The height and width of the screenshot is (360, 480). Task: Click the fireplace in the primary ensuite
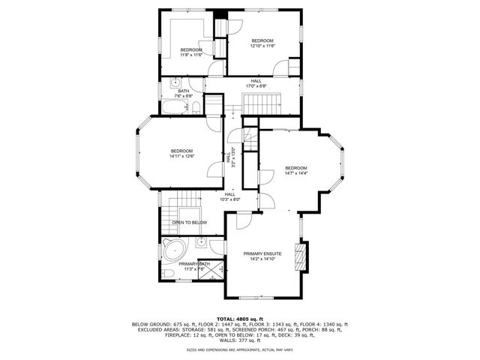pyautogui.click(x=301, y=256)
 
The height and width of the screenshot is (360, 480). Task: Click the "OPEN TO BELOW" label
pyautogui.click(x=190, y=223)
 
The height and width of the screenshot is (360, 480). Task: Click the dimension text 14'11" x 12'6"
pyautogui.click(x=181, y=156)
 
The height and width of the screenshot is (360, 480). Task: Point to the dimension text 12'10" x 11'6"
pyautogui.click(x=262, y=46)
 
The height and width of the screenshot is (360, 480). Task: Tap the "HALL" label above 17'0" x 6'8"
pyautogui.click(x=256, y=80)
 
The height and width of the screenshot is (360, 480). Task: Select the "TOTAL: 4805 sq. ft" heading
pyautogui.click(x=240, y=319)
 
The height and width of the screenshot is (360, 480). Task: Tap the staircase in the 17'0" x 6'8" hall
pyautogui.click(x=263, y=99)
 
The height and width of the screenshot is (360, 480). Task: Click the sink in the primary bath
pyautogui.click(x=202, y=243)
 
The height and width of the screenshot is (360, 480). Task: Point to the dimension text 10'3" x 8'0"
pyautogui.click(x=229, y=199)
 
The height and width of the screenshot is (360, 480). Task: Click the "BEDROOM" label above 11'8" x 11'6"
pyautogui.click(x=191, y=49)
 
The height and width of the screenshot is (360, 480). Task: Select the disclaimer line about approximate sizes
pyautogui.click(x=240, y=349)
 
